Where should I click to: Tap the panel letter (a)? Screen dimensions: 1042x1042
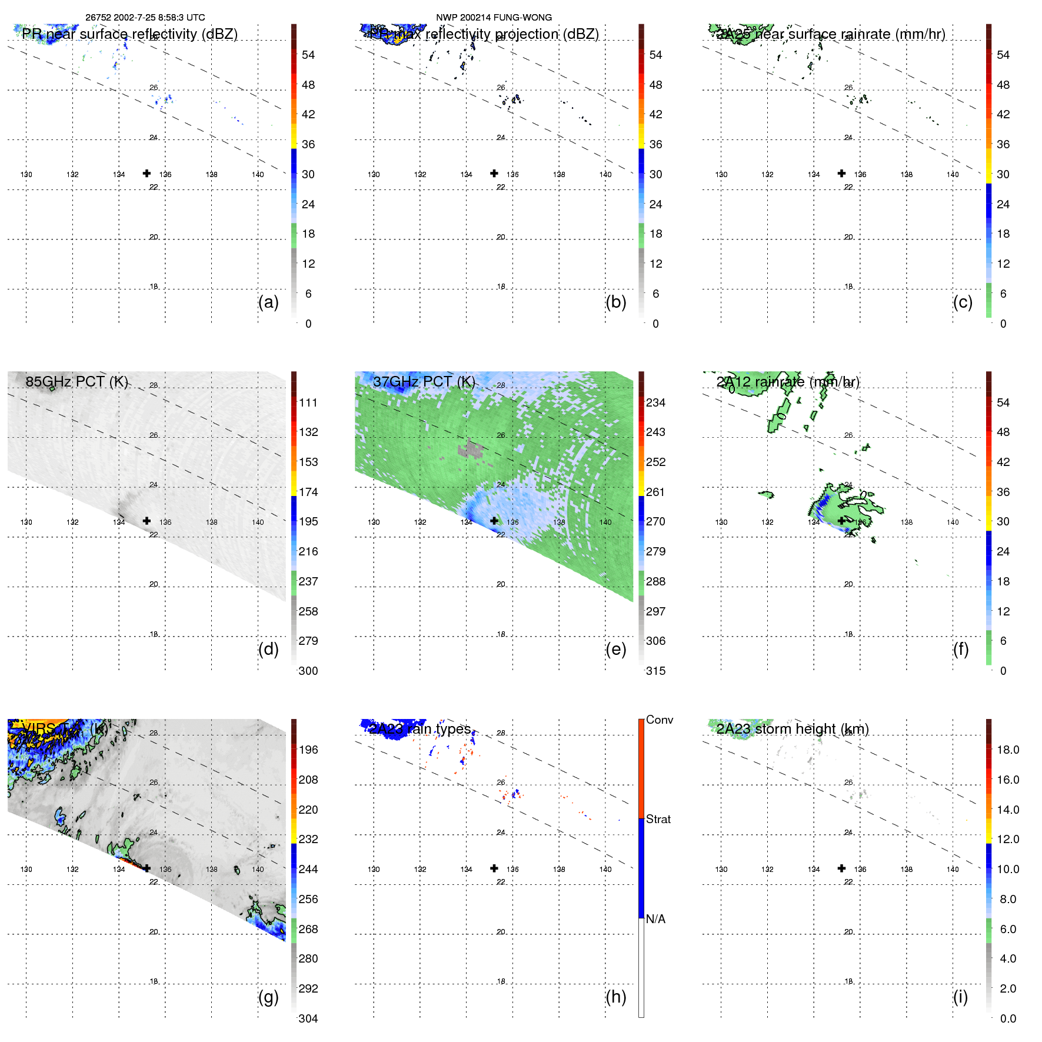click(268, 302)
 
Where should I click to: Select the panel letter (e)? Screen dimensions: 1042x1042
click(615, 649)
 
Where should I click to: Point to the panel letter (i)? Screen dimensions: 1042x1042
click(960, 997)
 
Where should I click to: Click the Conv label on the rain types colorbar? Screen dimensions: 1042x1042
click(659, 720)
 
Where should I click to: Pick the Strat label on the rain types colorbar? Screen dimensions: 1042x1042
click(658, 819)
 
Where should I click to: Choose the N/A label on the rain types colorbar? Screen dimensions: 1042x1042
click(655, 919)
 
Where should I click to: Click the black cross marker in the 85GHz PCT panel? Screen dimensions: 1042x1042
click(147, 521)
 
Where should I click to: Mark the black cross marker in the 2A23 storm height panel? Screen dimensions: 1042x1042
click(842, 868)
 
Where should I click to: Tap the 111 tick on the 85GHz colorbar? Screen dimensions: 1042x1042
click(308, 402)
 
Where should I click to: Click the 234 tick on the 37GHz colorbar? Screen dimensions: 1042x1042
click(655, 402)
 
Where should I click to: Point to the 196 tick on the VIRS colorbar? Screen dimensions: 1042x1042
click(308, 750)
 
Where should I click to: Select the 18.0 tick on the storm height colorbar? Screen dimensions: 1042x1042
click(1007, 750)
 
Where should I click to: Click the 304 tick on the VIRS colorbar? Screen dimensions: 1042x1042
click(308, 1018)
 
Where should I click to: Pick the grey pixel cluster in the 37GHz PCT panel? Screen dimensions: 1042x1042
click(471, 450)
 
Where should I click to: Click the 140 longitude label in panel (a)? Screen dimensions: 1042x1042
click(258, 174)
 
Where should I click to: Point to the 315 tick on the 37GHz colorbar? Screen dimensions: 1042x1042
click(655, 671)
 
